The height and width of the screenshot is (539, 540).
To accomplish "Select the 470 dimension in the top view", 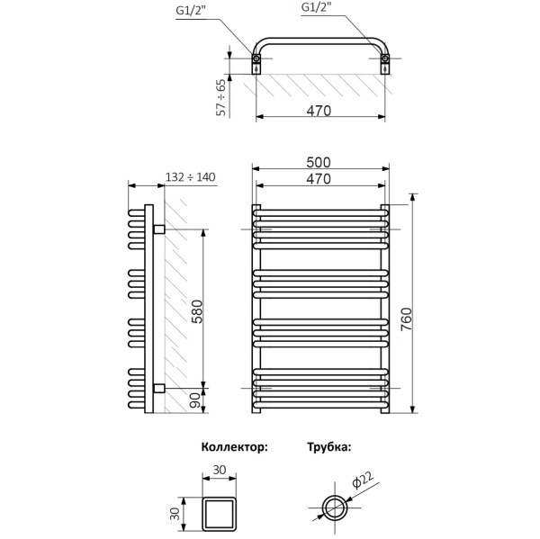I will tap(321, 111).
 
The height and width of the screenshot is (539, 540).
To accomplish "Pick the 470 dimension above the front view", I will tap(319, 179).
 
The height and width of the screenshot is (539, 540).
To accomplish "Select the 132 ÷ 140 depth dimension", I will tap(191, 178).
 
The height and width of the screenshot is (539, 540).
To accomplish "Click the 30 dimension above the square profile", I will tap(220, 470).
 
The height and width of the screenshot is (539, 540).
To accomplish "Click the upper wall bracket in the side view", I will tap(158, 229).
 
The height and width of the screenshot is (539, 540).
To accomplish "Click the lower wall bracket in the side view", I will tap(158, 388).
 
